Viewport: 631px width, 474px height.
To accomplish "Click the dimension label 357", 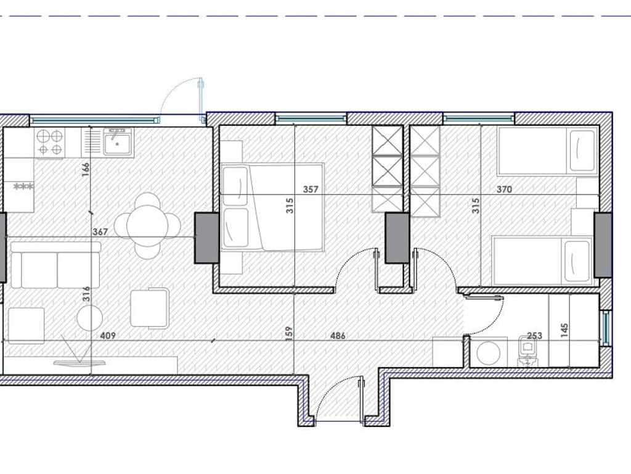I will (x=311, y=189).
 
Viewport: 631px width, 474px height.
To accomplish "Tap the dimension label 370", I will (x=504, y=189).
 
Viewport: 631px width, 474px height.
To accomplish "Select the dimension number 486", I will (x=338, y=336).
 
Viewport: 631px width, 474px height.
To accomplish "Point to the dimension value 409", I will (x=108, y=336).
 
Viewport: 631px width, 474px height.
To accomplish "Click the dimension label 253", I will (x=535, y=336).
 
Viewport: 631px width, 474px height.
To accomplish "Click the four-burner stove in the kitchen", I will (x=49, y=143).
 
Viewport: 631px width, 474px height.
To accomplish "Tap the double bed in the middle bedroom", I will (x=272, y=207).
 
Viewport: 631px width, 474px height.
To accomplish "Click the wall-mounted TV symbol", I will (x=78, y=362).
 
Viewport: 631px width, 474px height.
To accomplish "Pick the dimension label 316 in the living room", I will (x=86, y=293).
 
